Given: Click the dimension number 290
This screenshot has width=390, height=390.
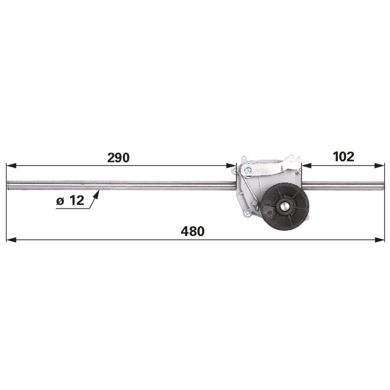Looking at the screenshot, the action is coord(118,157).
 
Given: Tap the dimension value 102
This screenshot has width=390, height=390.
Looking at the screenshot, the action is coord(343,156).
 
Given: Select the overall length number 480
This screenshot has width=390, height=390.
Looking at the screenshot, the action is coord(193,231).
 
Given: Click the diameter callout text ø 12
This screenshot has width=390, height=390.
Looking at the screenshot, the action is coord(70,200).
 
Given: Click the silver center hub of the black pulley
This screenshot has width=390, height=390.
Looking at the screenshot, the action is coord(284,206).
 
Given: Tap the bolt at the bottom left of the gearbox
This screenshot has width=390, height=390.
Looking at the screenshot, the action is coord(247,213).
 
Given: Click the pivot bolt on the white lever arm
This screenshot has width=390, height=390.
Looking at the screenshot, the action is coord(247,170).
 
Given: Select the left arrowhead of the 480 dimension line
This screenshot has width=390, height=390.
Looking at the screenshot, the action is coord(11,240).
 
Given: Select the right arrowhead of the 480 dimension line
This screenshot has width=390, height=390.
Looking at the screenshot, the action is coord(379,240).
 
